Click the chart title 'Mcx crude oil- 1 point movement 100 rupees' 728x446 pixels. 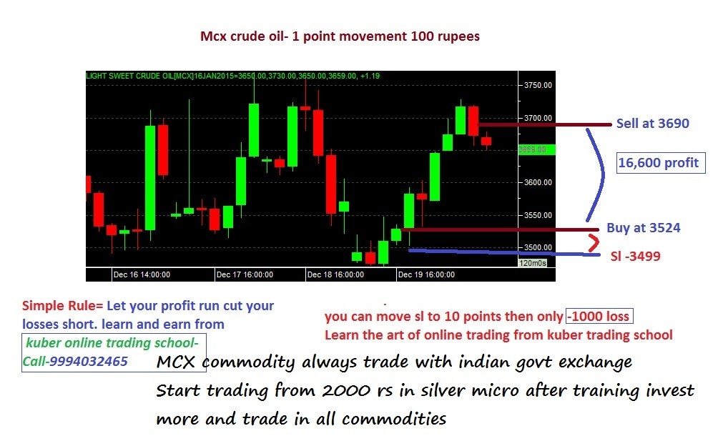[340, 36]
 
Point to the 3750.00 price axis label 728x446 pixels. [538, 85]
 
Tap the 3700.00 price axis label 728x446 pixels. [538, 118]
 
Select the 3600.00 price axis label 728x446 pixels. [538, 182]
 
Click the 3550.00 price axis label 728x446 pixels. [538, 215]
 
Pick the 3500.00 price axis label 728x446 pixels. [538, 247]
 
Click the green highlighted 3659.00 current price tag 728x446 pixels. [536, 149]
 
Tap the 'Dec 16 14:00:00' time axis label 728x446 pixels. [142, 274]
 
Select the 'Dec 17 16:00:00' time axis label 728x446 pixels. [245, 274]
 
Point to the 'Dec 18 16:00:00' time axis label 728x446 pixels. [335, 274]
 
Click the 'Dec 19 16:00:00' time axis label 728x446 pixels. [426, 274]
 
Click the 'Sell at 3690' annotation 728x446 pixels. [652, 124]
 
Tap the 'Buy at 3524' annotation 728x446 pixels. [643, 228]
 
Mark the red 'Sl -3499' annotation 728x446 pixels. [635, 256]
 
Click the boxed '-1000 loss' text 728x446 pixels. [599, 317]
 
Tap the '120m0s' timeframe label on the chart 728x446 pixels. [533, 263]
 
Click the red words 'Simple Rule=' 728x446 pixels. [63, 306]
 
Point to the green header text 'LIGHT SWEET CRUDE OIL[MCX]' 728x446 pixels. [139, 76]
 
